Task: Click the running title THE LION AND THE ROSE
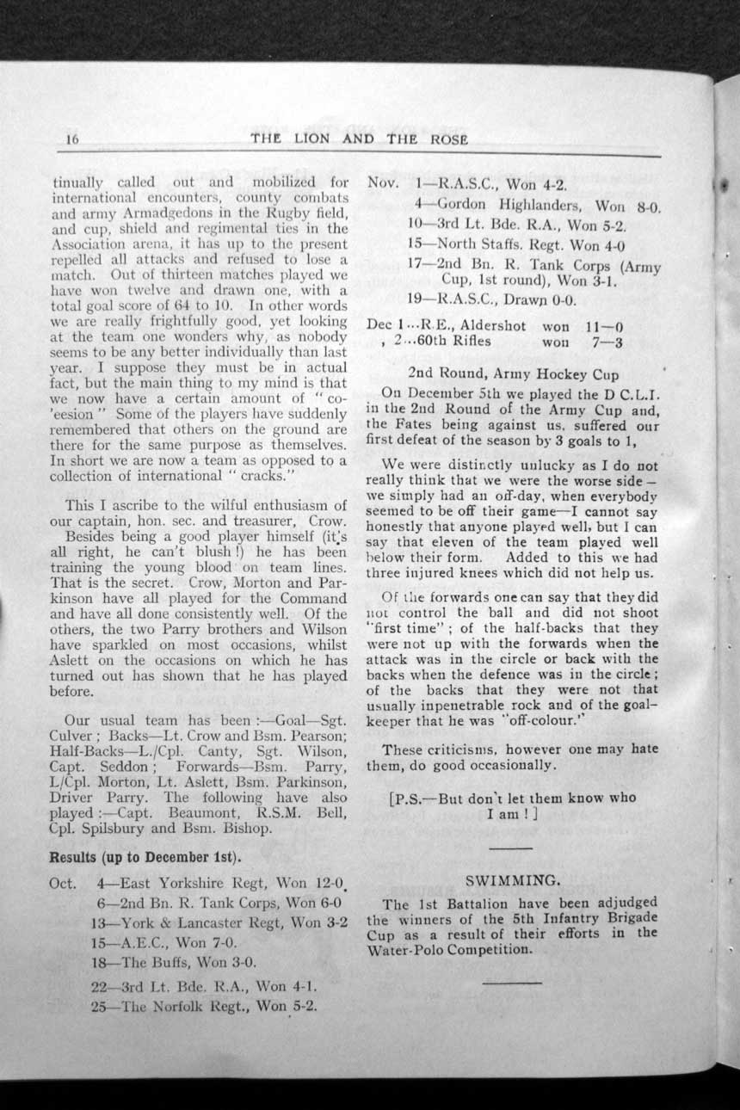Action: coord(359,139)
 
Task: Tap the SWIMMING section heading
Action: coord(513,880)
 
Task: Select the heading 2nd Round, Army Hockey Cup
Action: coord(509,374)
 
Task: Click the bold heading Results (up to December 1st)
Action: coord(145,858)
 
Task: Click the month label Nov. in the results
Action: coord(381,184)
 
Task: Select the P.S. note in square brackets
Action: coord(513,805)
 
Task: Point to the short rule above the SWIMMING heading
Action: coord(513,848)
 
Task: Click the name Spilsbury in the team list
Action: coord(118,829)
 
